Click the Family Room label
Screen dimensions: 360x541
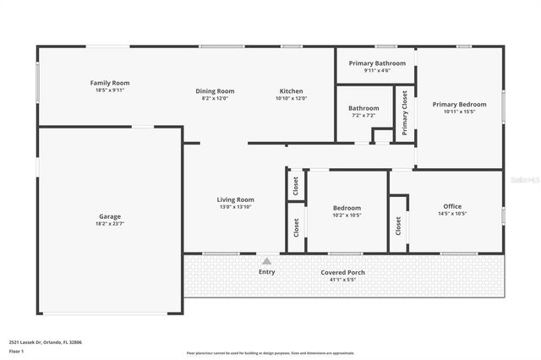pos(110,83)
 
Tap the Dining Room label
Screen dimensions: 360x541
pos(215,91)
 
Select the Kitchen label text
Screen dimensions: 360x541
pos(292,91)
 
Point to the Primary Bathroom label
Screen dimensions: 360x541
pos(377,63)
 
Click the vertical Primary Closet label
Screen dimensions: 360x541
pos(405,113)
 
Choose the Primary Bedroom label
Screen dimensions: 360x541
pos(460,105)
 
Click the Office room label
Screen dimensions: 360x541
pos(452,206)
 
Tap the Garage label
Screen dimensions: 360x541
pos(110,216)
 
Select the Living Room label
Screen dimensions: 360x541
pos(236,199)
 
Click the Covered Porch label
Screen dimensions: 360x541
pos(343,272)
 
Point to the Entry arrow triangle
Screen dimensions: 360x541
pos(267,262)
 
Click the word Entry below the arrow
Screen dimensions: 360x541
pos(267,272)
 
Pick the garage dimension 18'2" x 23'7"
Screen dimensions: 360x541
pos(110,224)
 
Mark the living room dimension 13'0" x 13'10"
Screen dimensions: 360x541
pos(236,207)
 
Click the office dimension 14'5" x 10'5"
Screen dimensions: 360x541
pos(452,214)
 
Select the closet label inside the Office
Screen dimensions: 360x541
pos(398,225)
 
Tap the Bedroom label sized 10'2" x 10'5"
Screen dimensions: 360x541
pos(347,208)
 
